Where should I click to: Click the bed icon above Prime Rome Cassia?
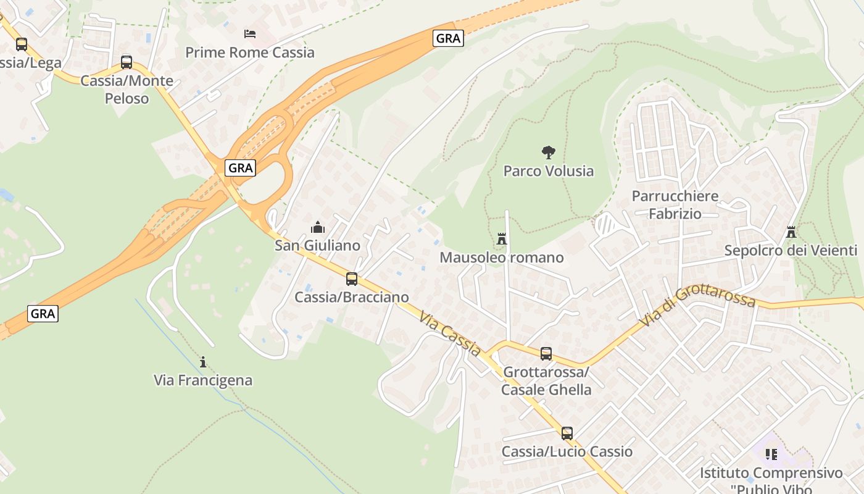click(x=249, y=33)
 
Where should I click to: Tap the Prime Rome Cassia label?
click(x=250, y=52)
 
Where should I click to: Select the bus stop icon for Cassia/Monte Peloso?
click(x=127, y=62)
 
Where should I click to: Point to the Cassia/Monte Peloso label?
click(x=127, y=90)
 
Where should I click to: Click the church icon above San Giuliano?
click(x=318, y=227)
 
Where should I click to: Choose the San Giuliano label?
click(x=317, y=246)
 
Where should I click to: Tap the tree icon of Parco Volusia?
click(x=548, y=152)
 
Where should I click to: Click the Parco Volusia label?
click(x=548, y=171)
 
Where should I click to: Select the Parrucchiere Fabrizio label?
click(x=675, y=205)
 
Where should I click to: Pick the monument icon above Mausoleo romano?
click(x=502, y=238)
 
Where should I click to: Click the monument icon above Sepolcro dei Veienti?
click(x=791, y=232)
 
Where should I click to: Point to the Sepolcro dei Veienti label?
click(x=791, y=251)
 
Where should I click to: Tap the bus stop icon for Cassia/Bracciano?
click(x=352, y=278)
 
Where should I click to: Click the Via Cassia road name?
click(x=450, y=334)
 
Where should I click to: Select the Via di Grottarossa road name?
click(x=697, y=306)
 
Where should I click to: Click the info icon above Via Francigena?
click(x=203, y=361)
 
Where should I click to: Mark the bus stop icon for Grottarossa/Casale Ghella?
click(x=546, y=353)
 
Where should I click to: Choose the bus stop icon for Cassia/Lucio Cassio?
click(x=567, y=433)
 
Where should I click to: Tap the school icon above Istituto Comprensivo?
click(x=771, y=454)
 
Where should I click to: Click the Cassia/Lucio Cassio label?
click(x=567, y=451)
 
